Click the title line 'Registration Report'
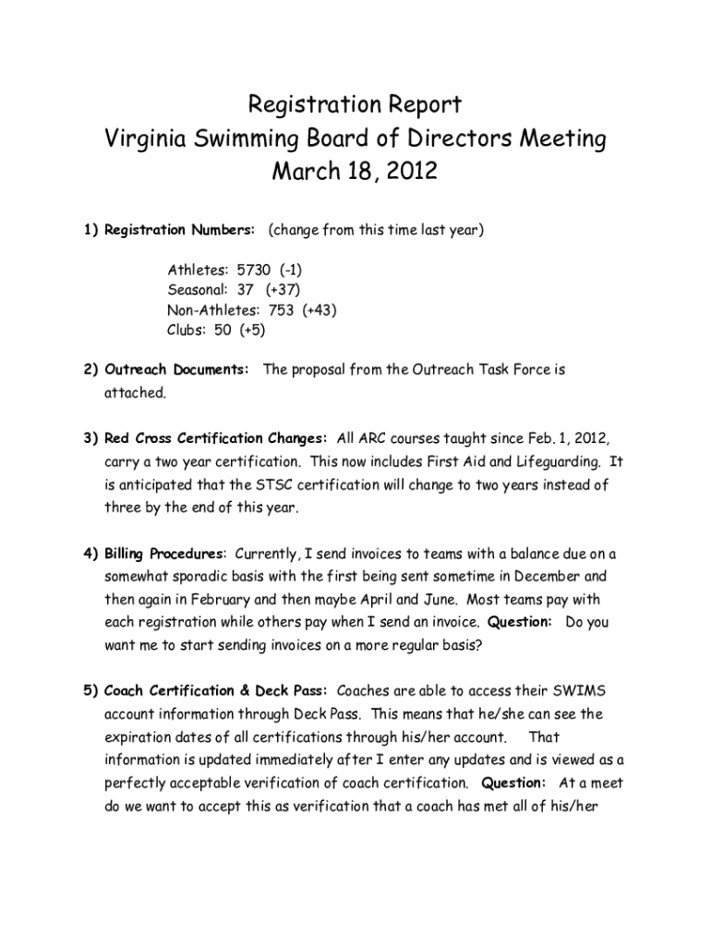pyautogui.click(x=355, y=103)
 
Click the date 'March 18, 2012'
pyautogui.click(x=355, y=172)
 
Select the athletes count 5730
pyautogui.click(x=254, y=270)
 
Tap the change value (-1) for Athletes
pyautogui.click(x=291, y=270)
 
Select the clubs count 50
pyautogui.click(x=223, y=330)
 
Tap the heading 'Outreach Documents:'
pyautogui.click(x=176, y=370)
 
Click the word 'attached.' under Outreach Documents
pyautogui.click(x=134, y=393)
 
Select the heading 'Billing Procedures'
pyautogui.click(x=164, y=554)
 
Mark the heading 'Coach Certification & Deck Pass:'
pyautogui.click(x=216, y=691)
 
